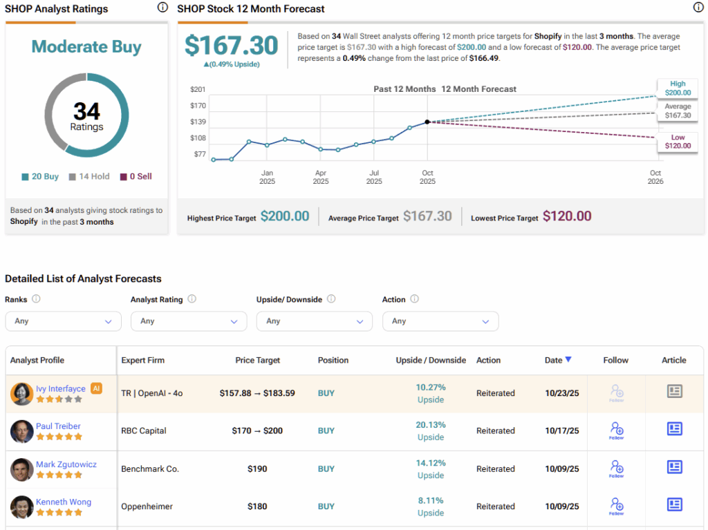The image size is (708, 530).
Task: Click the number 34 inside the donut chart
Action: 87,111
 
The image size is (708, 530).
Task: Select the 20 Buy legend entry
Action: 40,176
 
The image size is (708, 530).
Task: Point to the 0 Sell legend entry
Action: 136,176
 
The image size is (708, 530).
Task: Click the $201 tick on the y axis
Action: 198,90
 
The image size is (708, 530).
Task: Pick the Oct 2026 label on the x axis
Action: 655,177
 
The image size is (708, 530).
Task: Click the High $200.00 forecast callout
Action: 678,87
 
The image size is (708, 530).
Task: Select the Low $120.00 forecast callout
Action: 678,142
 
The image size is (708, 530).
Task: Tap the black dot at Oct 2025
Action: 427,122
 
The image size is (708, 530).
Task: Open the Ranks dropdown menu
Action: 63,321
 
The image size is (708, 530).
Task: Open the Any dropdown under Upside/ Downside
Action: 315,321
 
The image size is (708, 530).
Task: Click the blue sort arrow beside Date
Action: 568,359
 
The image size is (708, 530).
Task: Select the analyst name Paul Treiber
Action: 58,426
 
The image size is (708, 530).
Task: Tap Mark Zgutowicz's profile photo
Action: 22,469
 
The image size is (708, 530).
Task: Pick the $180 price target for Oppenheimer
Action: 257,507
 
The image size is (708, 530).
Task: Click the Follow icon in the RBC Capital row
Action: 616,430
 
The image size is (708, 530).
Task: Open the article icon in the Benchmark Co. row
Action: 674,467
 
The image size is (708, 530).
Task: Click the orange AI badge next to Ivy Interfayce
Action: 97,388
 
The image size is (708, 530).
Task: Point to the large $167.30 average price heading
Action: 232,46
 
